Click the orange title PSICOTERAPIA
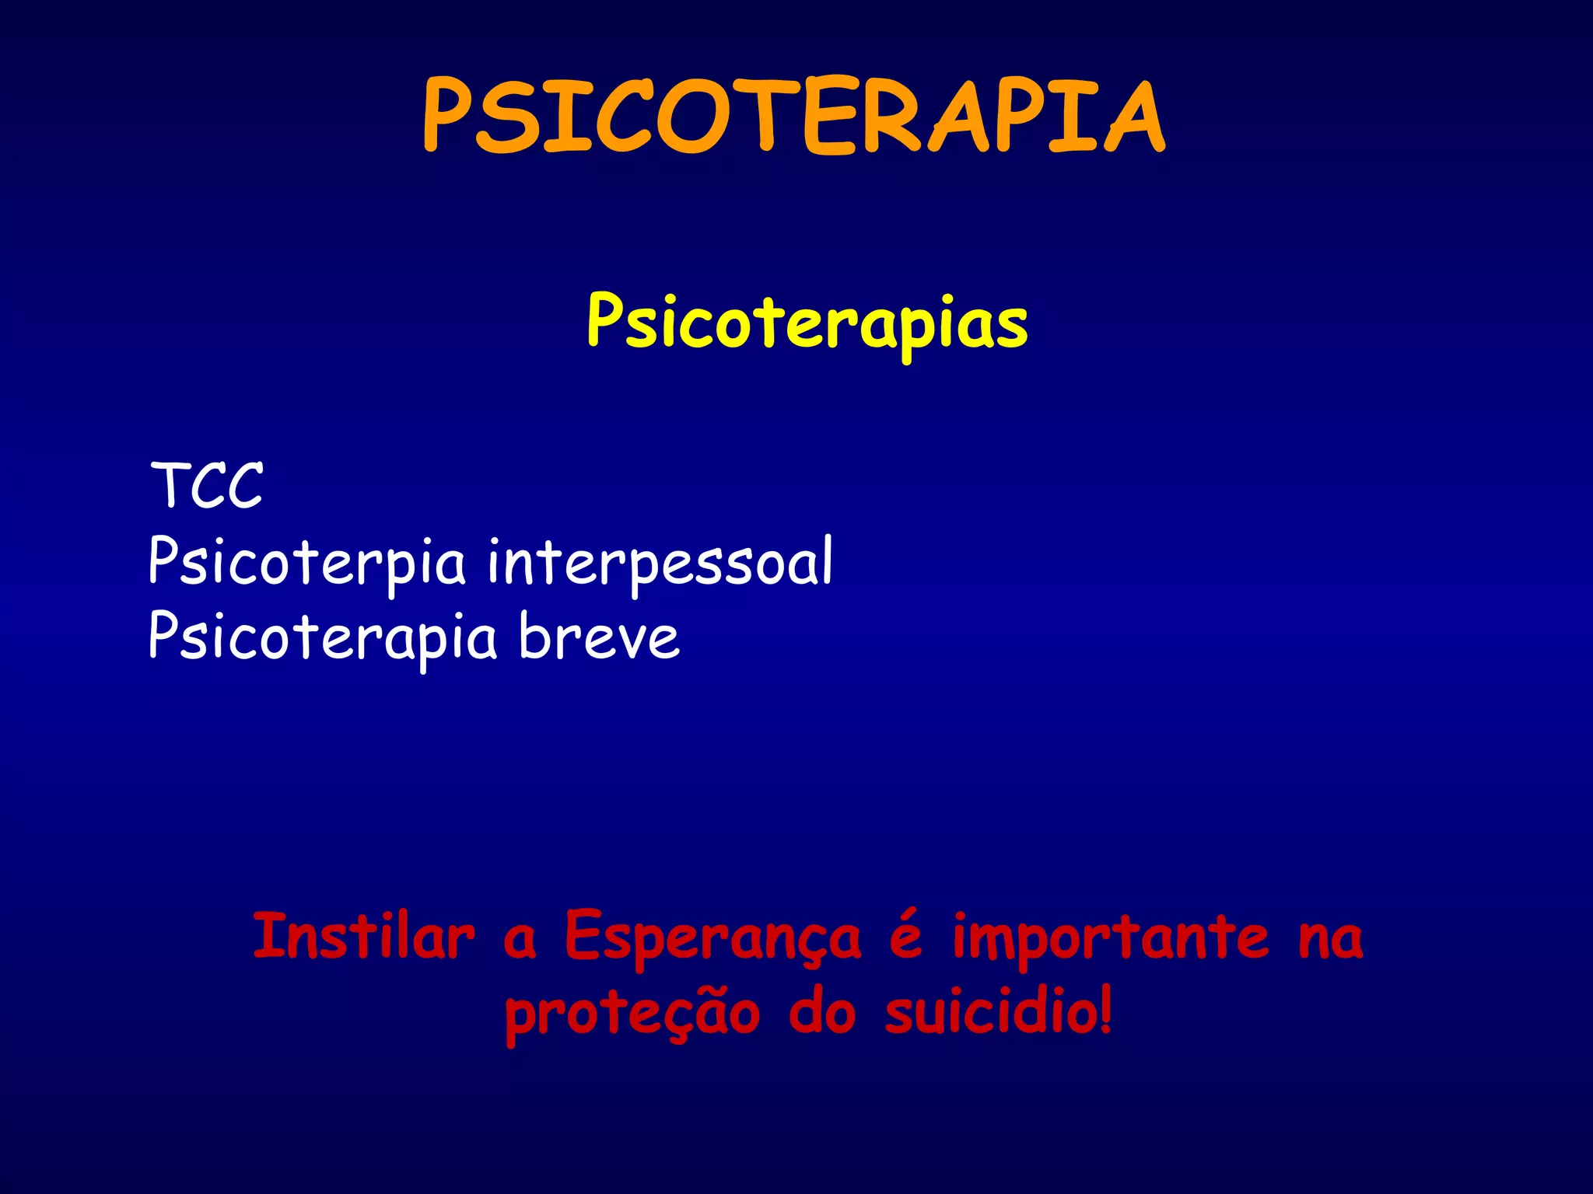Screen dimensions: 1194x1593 (x=793, y=117)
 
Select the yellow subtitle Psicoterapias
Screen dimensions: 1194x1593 (x=807, y=323)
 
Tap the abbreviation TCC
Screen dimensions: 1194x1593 (x=207, y=486)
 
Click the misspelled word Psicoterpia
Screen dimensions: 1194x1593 (x=306, y=561)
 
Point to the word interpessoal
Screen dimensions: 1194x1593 (x=660, y=561)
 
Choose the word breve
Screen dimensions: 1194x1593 (x=599, y=637)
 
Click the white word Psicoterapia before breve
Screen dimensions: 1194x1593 (x=322, y=637)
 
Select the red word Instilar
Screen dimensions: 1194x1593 (x=363, y=937)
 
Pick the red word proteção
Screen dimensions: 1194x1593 (x=632, y=1014)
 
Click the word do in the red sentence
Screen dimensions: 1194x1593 (x=822, y=1012)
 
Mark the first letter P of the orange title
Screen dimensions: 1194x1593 (x=446, y=117)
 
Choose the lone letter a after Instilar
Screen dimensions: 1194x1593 (x=520, y=941)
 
